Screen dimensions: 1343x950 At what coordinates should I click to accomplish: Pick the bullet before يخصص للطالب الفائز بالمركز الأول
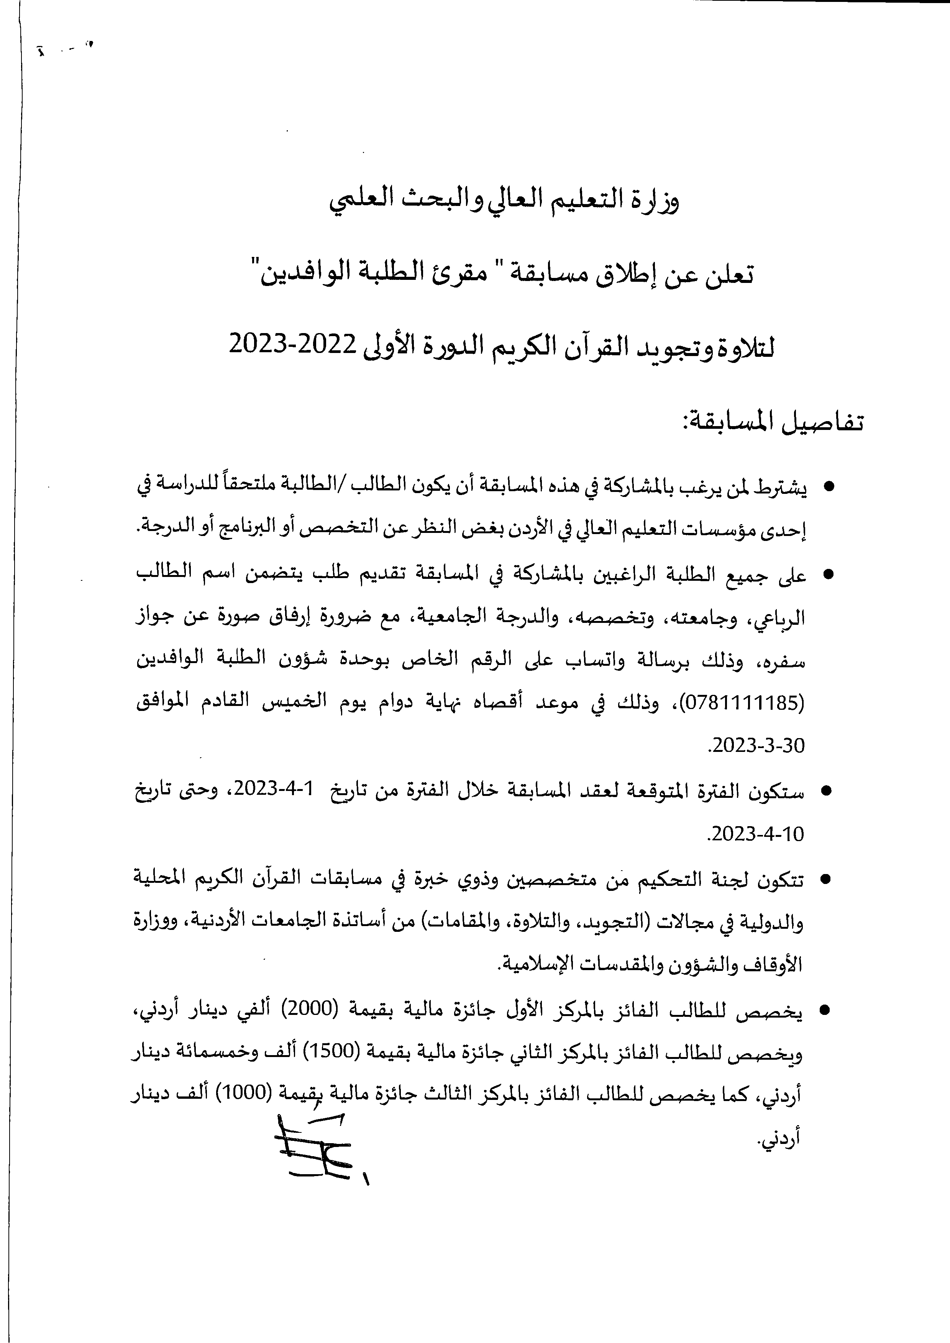[x=825, y=1011]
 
